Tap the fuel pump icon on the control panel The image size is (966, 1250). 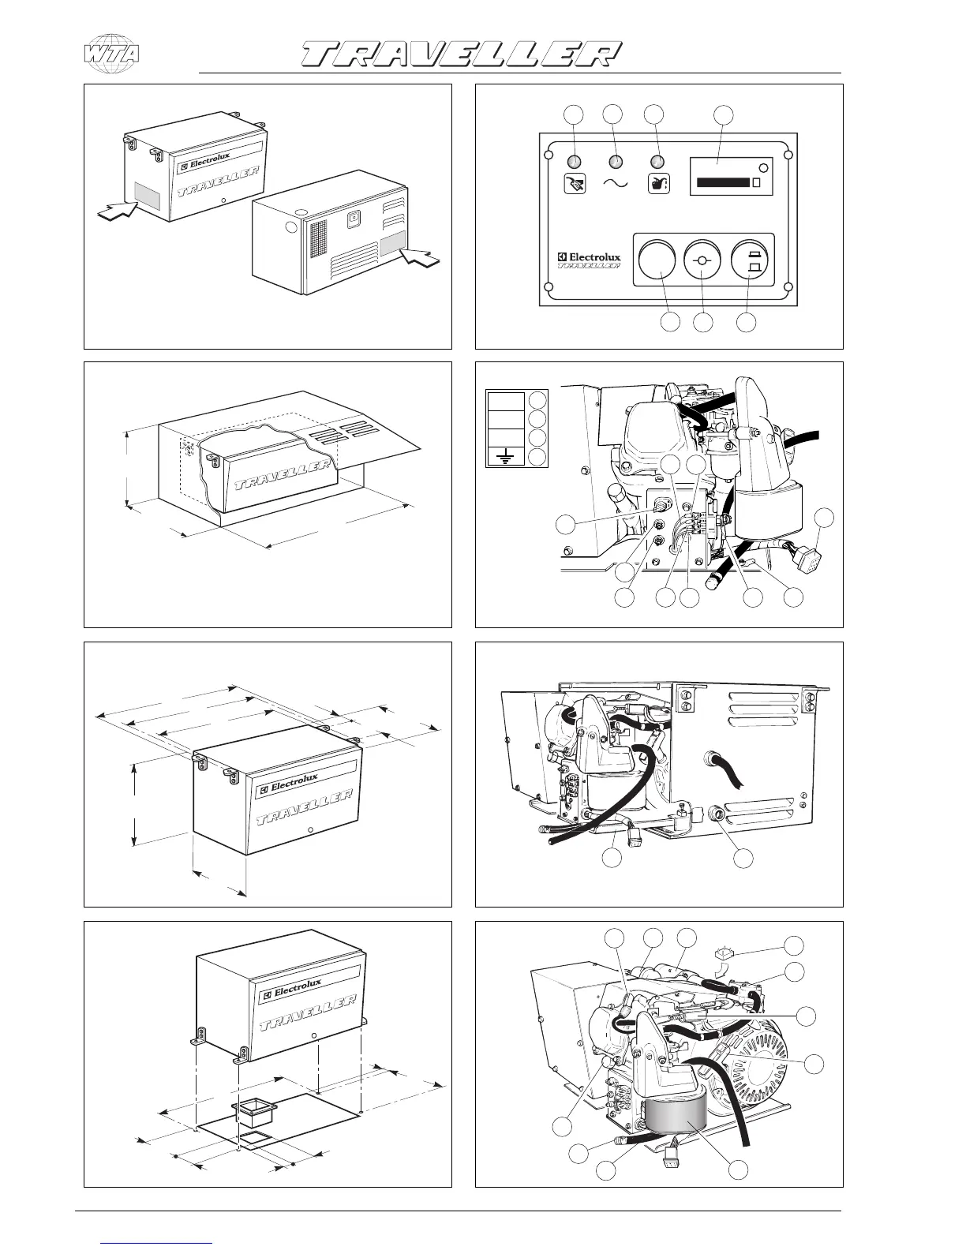575,184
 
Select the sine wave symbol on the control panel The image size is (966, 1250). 616,183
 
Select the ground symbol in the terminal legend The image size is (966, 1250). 505,455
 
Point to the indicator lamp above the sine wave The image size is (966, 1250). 616,163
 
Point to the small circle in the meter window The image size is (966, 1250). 764,168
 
